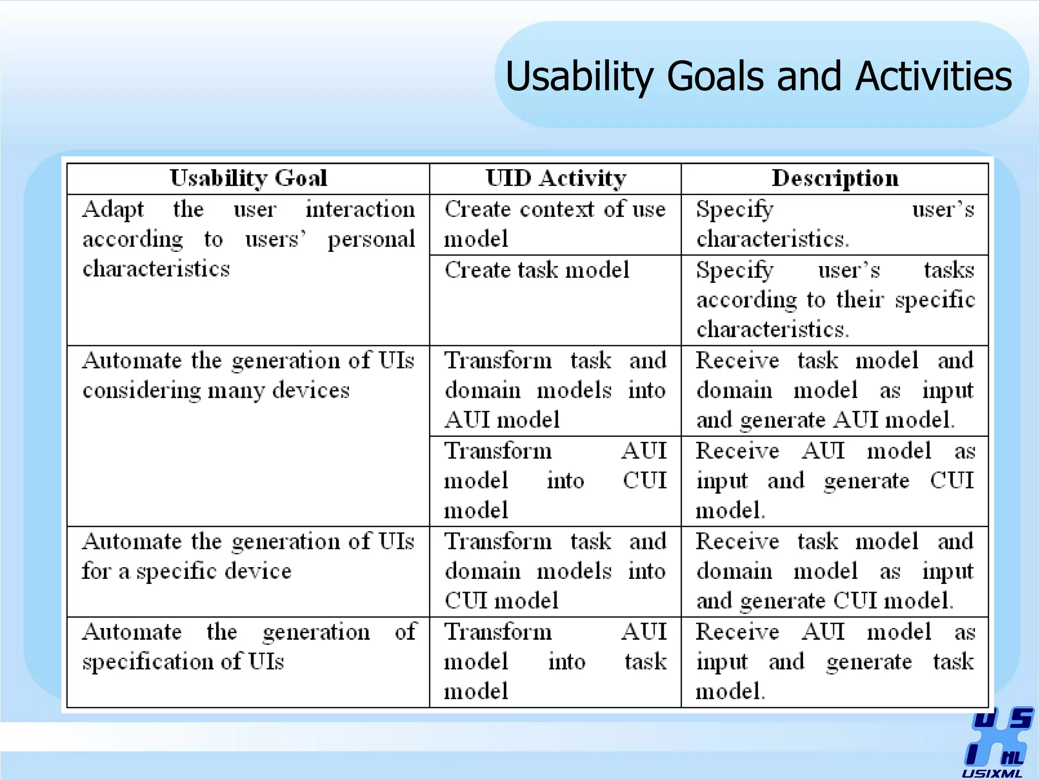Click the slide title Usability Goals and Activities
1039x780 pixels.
point(758,76)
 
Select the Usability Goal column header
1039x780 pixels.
point(248,178)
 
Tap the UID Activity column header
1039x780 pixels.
point(556,178)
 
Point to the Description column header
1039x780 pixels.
point(835,178)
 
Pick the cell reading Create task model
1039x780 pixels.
point(537,270)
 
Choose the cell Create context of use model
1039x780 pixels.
point(555,224)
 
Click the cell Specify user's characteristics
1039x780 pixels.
point(835,224)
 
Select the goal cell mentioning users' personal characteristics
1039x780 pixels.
point(248,239)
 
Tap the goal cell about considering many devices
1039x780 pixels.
point(248,375)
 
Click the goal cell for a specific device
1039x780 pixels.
point(248,556)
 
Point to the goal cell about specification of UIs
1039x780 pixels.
point(248,646)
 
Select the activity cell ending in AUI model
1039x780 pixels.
point(555,390)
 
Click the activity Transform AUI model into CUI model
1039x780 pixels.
point(555,480)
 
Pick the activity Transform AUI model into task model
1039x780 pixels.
point(555,661)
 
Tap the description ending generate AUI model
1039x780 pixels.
point(835,390)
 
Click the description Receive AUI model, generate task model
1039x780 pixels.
point(835,661)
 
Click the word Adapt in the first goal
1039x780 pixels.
point(113,209)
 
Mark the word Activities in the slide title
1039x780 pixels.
point(933,76)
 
